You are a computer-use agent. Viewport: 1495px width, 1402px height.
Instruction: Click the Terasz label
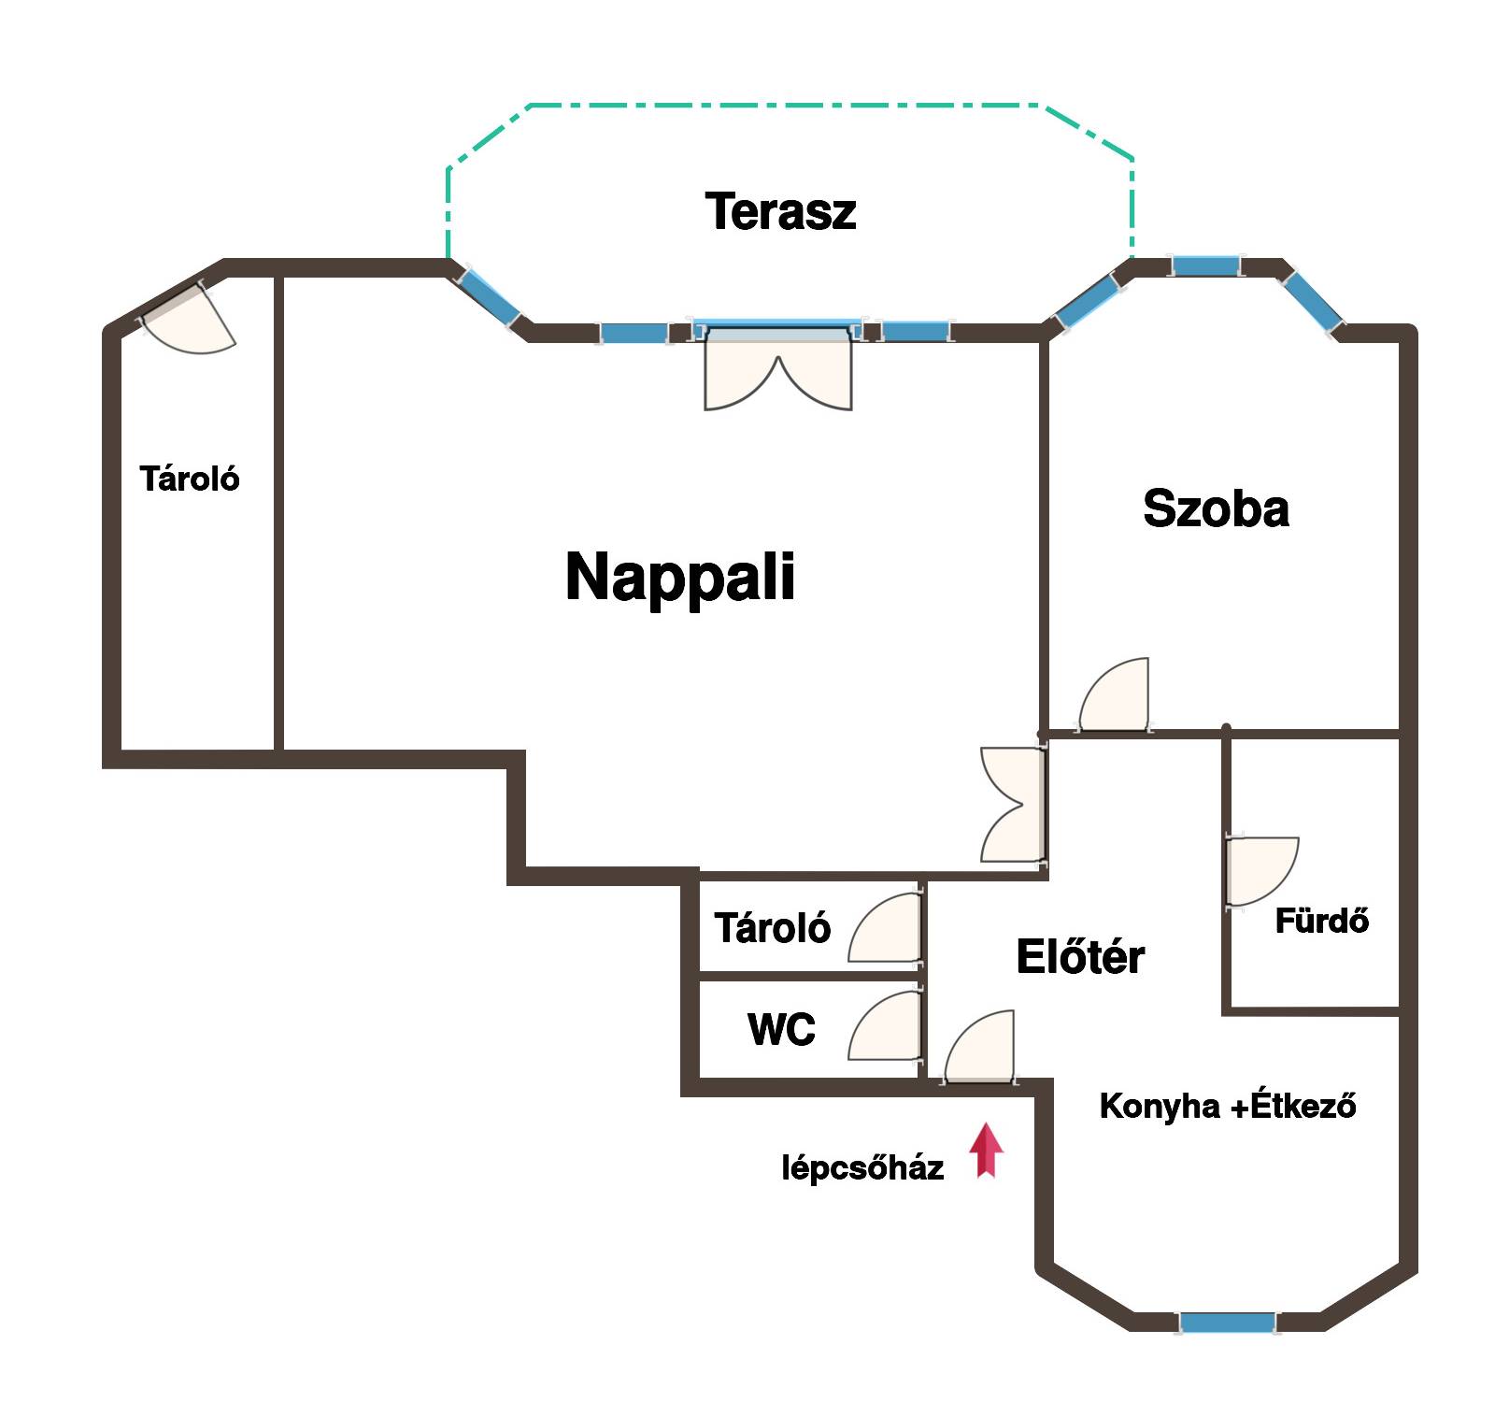[780, 211]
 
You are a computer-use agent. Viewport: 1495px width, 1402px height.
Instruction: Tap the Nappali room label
[680, 577]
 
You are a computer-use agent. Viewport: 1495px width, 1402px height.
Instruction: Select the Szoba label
[1216, 508]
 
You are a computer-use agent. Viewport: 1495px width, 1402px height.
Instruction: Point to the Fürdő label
[1321, 921]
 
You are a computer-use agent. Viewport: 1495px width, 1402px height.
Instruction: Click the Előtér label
[1080, 956]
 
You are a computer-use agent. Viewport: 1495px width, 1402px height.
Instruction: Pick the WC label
[781, 1029]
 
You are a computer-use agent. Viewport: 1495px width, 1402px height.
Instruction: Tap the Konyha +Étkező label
[1227, 1106]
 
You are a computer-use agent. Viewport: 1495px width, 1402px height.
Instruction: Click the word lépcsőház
[862, 1167]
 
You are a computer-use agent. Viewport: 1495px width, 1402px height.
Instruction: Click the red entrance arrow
[986, 1151]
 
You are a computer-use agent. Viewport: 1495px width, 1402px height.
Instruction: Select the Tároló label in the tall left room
[190, 479]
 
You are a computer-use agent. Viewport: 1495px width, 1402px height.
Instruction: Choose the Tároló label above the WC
[772, 928]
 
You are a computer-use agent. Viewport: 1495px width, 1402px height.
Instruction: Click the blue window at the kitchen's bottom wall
[1227, 1323]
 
